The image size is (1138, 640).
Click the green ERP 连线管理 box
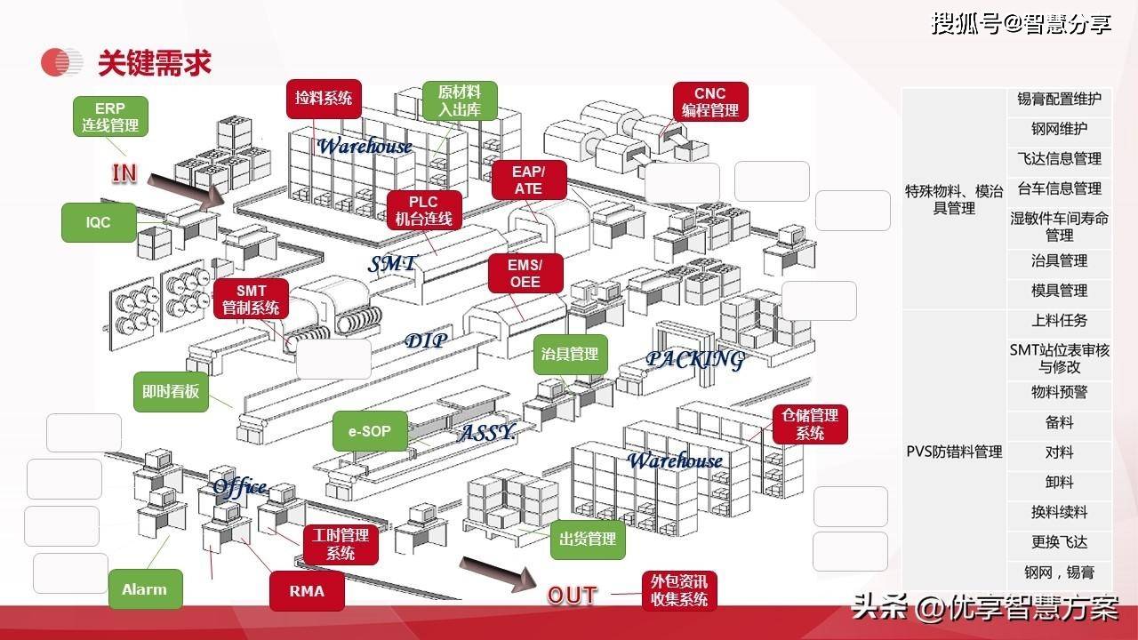(110, 116)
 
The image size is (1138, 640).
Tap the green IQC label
(99, 222)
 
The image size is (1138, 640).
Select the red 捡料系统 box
(324, 98)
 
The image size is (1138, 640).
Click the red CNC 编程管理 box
(710, 102)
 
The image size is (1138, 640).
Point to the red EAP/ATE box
(528, 180)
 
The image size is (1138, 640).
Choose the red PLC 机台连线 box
(424, 211)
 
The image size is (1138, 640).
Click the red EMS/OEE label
(525, 274)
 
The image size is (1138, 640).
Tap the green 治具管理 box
(570, 354)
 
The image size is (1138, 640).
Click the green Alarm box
(144, 589)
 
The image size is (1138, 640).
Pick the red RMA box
(307, 590)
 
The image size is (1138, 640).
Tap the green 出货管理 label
(588, 539)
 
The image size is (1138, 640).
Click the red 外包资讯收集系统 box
(679, 590)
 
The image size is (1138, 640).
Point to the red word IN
(124, 173)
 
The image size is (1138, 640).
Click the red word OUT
(573, 596)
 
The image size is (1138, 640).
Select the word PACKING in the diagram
(694, 359)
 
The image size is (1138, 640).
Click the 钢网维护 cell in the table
(1059, 130)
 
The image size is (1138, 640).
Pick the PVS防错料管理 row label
(954, 452)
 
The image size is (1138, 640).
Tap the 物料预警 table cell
(1059, 392)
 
